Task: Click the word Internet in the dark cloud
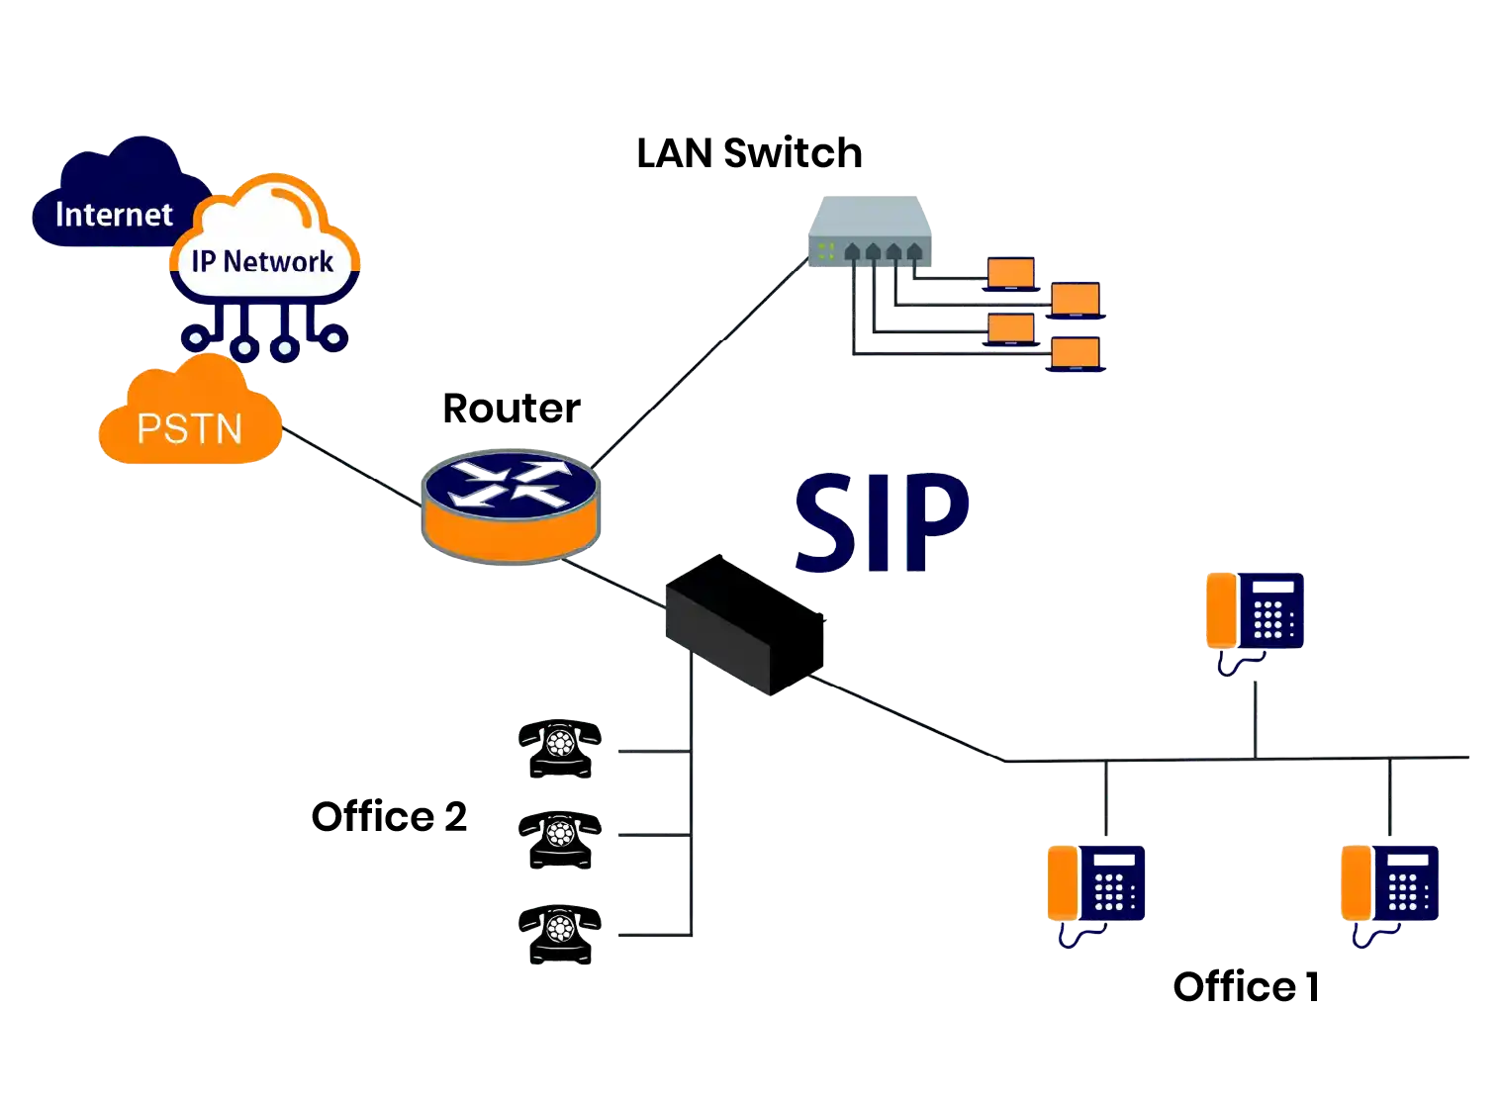coord(114,214)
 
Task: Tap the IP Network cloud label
coord(262,261)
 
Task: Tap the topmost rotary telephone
coord(559,747)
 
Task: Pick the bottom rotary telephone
coord(559,932)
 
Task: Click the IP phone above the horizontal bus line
coord(1254,613)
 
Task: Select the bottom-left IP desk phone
coord(1095,885)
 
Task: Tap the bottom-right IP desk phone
coord(1389,885)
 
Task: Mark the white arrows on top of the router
coord(510,480)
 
